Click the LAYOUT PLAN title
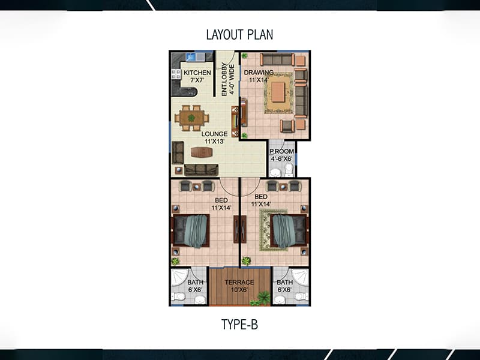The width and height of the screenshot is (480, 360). point(239,35)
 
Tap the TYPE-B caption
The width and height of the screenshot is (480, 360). point(239,324)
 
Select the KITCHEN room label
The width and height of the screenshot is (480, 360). point(197,73)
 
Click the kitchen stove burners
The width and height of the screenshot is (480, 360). point(176,74)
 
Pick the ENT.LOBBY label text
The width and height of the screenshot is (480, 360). point(224,80)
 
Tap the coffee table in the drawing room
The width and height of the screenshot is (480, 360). point(278,92)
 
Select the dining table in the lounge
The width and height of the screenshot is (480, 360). point(192,118)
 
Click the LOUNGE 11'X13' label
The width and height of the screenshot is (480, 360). point(215,137)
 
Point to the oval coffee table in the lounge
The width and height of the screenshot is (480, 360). point(202,152)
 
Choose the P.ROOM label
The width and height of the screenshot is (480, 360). point(281,151)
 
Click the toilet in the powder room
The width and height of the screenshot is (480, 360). point(289,170)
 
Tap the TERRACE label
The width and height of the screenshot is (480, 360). point(239,282)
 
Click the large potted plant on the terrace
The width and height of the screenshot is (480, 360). point(263,298)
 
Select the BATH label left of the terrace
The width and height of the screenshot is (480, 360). point(196,282)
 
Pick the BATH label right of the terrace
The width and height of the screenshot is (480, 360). point(284,282)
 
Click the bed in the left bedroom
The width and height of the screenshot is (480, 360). point(191,231)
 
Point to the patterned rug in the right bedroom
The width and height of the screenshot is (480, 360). point(273,230)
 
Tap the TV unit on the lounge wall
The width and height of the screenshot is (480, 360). point(235,121)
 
